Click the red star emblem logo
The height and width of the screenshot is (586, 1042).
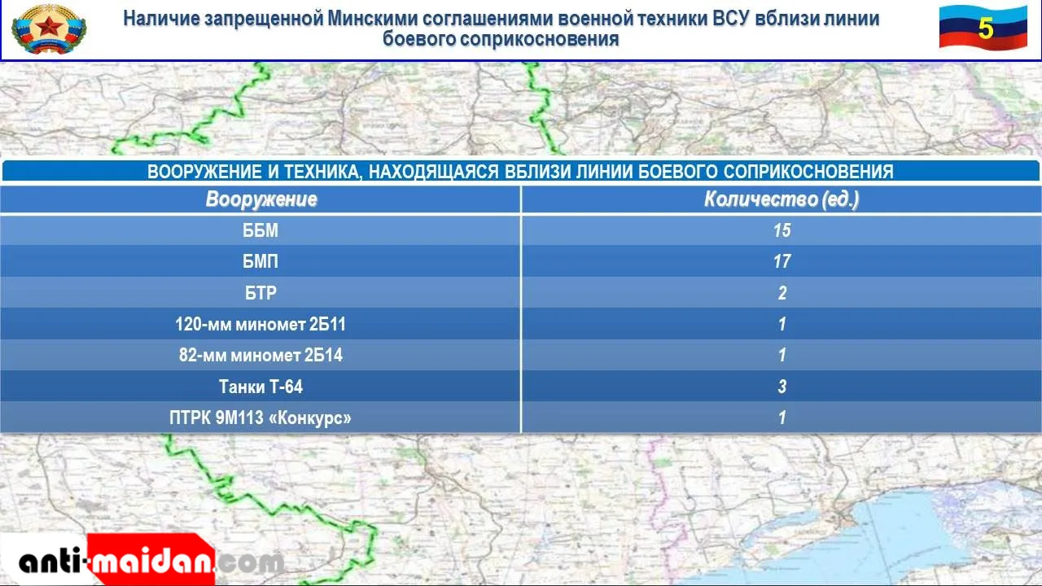pyautogui.click(x=49, y=28)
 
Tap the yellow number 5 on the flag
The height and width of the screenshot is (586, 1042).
pyautogui.click(x=985, y=28)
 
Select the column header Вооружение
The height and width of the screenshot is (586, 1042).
pyautogui.click(x=261, y=199)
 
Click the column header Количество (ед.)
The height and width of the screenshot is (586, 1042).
pyautogui.click(x=781, y=199)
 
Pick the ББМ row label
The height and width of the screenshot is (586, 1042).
pyautogui.click(x=260, y=230)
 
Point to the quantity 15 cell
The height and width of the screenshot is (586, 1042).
pyautogui.click(x=782, y=230)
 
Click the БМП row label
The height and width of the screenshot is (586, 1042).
pyautogui.click(x=260, y=261)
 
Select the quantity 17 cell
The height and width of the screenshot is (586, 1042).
pyautogui.click(x=782, y=261)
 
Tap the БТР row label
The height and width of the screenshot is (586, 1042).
pyautogui.click(x=260, y=292)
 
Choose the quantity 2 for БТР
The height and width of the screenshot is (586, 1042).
pyautogui.click(x=782, y=292)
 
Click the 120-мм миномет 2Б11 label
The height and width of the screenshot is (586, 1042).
pyautogui.click(x=260, y=324)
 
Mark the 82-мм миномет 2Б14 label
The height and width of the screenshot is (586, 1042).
pyautogui.click(x=260, y=356)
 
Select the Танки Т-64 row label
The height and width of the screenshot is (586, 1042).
pyautogui.click(x=260, y=387)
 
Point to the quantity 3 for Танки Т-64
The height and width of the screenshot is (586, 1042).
pyautogui.click(x=782, y=387)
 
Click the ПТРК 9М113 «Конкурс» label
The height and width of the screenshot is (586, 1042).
pyautogui.click(x=260, y=418)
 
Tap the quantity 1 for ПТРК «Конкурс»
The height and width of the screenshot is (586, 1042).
pyautogui.click(x=782, y=418)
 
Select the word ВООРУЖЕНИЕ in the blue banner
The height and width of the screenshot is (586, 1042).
pyautogui.click(x=204, y=172)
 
